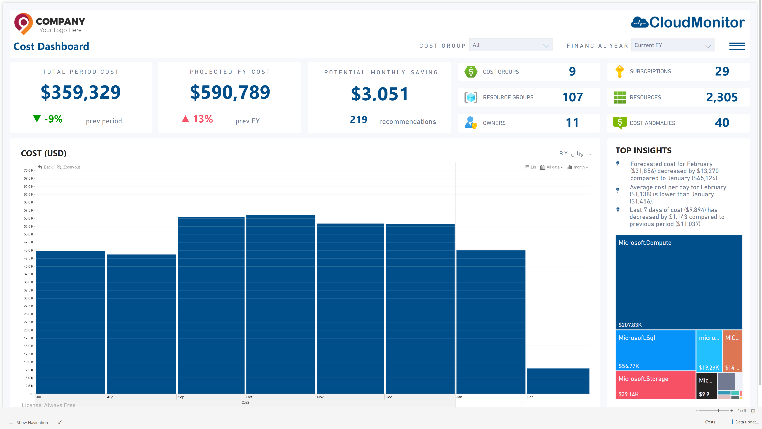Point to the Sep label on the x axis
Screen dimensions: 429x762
click(181, 397)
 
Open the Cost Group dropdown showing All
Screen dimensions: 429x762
click(511, 45)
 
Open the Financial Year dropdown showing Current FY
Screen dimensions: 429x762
click(672, 45)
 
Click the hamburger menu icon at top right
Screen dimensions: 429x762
click(737, 46)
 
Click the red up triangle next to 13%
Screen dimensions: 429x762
click(185, 119)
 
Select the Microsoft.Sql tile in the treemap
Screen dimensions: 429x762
click(655, 350)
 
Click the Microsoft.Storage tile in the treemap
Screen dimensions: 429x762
click(655, 385)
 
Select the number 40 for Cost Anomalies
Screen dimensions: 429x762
click(722, 123)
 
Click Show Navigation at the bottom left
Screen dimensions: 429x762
click(32, 422)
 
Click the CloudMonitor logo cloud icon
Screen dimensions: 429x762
click(640, 22)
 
